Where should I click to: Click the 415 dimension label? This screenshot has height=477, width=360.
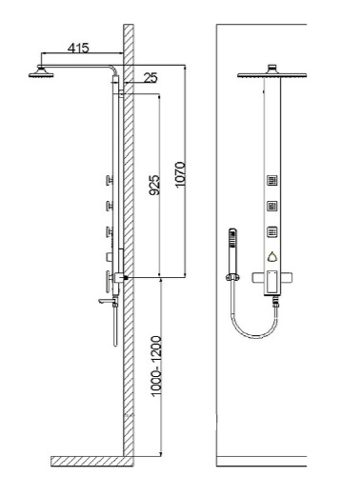pyautogui.click(x=78, y=48)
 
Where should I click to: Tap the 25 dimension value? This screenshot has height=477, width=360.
pyautogui.click(x=150, y=78)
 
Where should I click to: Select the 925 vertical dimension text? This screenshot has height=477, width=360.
pyautogui.click(x=154, y=185)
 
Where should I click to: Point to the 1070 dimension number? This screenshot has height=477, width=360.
pyautogui.click(x=180, y=175)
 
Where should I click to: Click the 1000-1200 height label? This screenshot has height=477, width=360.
pyautogui.click(x=156, y=366)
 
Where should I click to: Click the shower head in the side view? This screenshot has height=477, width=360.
pyautogui.click(x=41, y=72)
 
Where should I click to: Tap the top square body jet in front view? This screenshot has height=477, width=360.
pyautogui.click(x=272, y=181)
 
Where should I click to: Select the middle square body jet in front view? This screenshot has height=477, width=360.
pyautogui.click(x=272, y=207)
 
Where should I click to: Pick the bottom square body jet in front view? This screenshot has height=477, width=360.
pyautogui.click(x=272, y=231)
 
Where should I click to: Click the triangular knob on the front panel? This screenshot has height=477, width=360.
pyautogui.click(x=272, y=257)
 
